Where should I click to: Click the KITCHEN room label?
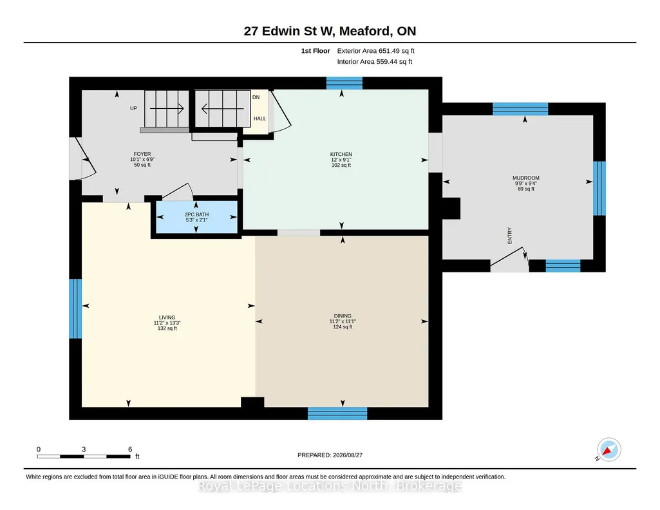[341, 155]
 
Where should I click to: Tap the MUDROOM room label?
[525, 178]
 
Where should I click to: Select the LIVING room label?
[167, 317]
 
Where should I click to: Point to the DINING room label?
[343, 316]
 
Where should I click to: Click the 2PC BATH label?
[196, 214]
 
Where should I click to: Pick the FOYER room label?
[142, 154]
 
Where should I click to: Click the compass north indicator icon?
[608, 449]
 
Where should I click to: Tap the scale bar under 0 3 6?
[83, 456]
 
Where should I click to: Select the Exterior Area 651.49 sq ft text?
[376, 51]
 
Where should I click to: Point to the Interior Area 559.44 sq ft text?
[375, 62]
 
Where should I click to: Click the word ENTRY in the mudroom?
[510, 236]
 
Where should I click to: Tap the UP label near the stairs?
[133, 109]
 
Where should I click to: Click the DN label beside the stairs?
[256, 97]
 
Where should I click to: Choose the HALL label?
[259, 118]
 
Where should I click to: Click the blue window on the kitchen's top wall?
[344, 83]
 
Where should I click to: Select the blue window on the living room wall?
[75, 308]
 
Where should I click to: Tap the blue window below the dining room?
[337, 413]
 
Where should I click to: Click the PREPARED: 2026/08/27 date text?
[330, 455]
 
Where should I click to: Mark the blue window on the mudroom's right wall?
[599, 189]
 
